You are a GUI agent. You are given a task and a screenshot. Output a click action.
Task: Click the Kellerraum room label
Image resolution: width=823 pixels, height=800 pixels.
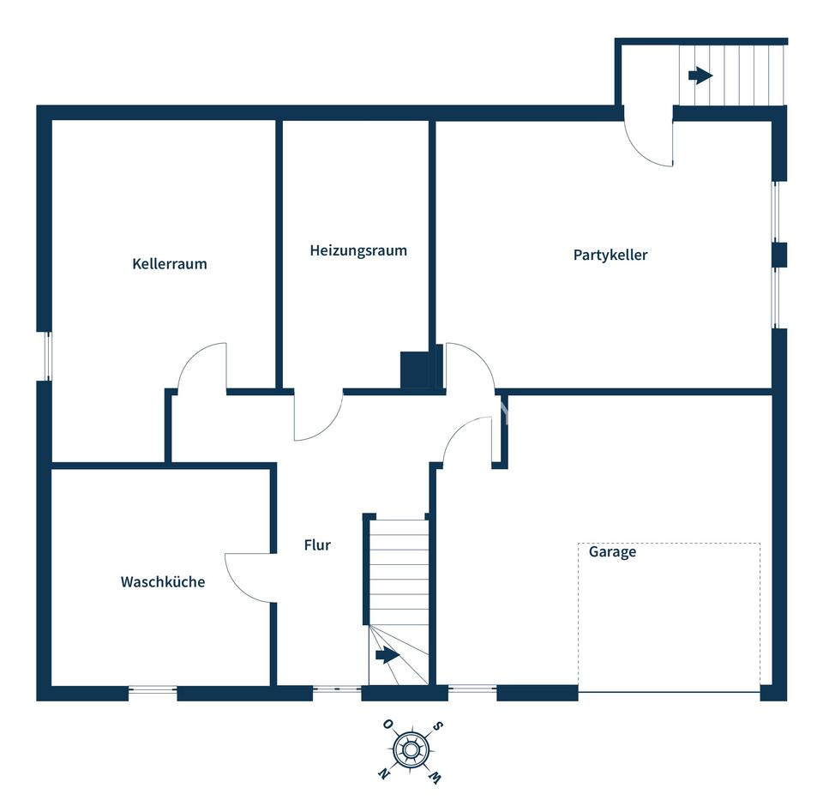[170, 264]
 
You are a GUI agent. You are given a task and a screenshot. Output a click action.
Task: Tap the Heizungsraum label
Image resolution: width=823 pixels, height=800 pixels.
[358, 251]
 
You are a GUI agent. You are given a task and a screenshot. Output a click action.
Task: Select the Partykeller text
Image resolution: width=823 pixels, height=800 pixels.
[610, 255]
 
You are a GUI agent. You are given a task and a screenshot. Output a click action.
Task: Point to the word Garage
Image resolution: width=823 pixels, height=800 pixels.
[612, 552]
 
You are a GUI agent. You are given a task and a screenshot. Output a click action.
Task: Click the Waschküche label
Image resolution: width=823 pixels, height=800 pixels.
[163, 582]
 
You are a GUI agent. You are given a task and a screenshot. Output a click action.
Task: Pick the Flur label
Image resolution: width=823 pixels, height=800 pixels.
[317, 545]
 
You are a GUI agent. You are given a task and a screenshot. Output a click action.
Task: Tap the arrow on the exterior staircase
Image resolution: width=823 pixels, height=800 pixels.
[700, 75]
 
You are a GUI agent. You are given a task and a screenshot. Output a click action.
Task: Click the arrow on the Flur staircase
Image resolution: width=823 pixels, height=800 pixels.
[387, 656]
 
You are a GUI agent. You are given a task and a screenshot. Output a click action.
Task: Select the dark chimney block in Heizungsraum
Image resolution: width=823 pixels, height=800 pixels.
[418, 370]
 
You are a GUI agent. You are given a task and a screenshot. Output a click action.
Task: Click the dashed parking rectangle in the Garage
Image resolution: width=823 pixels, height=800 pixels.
[670, 617]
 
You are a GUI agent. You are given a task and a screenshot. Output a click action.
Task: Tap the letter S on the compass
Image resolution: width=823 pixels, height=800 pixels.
[438, 727]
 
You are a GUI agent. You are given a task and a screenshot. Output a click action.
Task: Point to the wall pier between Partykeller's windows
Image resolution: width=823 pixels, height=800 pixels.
[779, 255]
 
